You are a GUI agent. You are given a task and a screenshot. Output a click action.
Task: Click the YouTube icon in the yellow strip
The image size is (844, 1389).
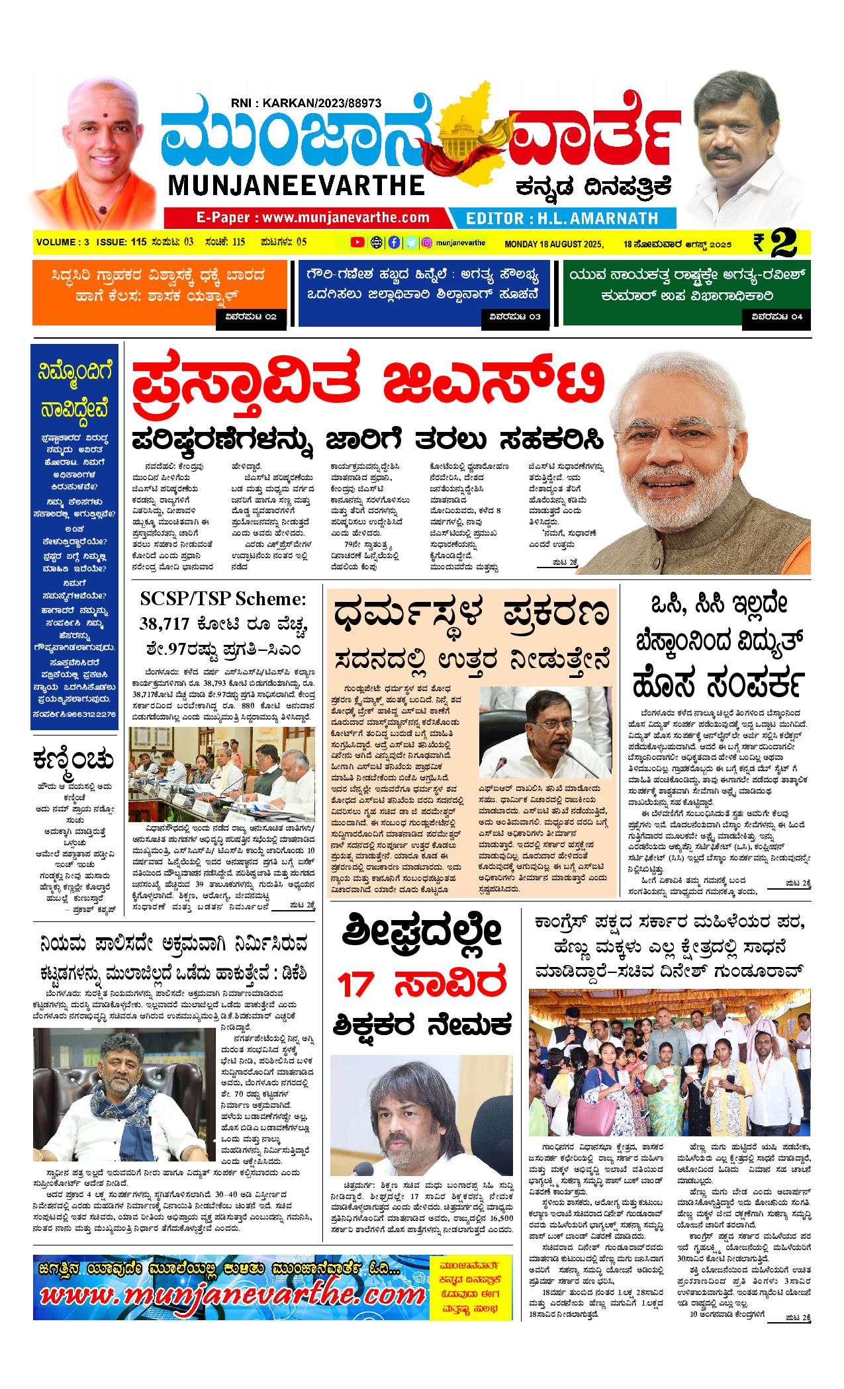tap(357, 242)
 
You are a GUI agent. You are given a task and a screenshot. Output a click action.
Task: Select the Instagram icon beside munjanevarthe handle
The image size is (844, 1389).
tap(428, 242)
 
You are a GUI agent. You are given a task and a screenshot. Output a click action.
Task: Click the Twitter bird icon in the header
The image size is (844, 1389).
tap(411, 242)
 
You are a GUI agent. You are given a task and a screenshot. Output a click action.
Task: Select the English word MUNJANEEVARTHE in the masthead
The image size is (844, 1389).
tap(296, 185)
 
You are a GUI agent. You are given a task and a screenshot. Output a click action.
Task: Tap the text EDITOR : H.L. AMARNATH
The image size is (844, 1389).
tap(562, 218)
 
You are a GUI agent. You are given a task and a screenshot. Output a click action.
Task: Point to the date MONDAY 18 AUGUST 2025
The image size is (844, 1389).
tap(555, 244)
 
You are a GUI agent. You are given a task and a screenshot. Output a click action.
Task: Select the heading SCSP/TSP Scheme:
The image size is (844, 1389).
tap(224, 599)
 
